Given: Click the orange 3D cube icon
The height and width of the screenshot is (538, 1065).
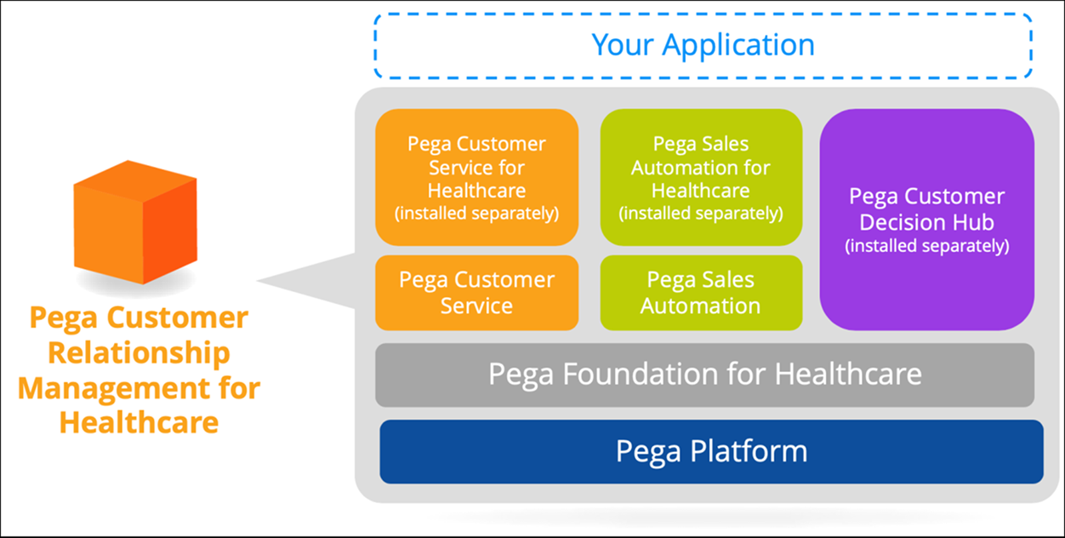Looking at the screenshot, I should click(135, 221).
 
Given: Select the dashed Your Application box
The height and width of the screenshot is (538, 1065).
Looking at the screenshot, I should click(703, 45).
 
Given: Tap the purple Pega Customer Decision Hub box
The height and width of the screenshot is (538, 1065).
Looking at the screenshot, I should click(926, 219).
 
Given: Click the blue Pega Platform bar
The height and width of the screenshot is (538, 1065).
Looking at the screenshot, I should click(711, 451).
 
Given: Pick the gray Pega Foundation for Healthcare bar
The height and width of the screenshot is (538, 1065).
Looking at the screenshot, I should click(704, 375).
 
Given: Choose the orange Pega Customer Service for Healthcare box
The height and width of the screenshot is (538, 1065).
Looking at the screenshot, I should click(476, 177).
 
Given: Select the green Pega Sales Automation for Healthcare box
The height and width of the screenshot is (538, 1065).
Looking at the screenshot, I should click(701, 177).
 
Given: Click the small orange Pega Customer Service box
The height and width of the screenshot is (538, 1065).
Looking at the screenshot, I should click(476, 292).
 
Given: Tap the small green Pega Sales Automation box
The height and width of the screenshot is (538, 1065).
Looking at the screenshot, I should click(701, 292).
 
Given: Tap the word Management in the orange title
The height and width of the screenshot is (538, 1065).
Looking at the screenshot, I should click(100, 388).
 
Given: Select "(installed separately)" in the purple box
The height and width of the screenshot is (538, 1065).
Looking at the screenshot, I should click(926, 247).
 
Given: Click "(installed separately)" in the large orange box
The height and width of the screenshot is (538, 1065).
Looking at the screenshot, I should click(476, 213).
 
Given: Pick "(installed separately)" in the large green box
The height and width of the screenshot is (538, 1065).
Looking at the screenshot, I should click(701, 213).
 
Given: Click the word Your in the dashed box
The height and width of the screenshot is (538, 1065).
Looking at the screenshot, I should click(625, 45).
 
